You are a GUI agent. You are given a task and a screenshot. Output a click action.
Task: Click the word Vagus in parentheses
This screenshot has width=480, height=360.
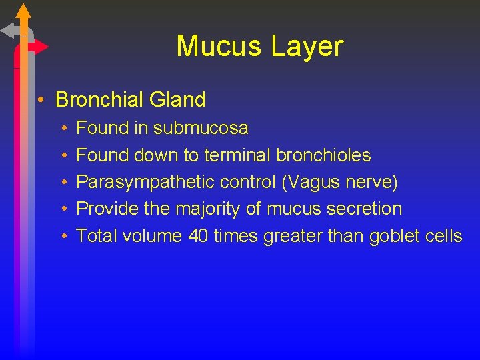(x=321, y=182)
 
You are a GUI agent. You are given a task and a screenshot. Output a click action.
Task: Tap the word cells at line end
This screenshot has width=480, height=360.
(x=444, y=236)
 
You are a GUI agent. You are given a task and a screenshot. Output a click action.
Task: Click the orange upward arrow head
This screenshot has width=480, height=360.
(x=23, y=11)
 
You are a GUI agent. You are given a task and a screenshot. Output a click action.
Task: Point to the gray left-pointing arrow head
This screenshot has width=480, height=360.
(x=9, y=30)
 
